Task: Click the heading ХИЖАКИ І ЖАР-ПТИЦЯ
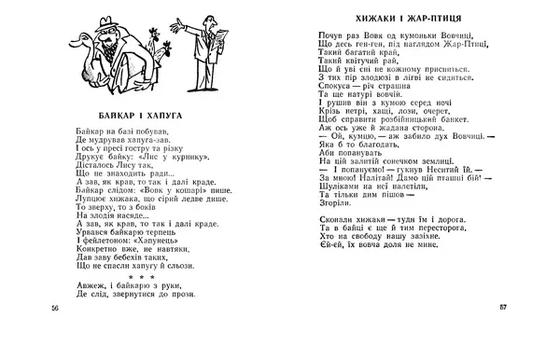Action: point(399,18)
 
